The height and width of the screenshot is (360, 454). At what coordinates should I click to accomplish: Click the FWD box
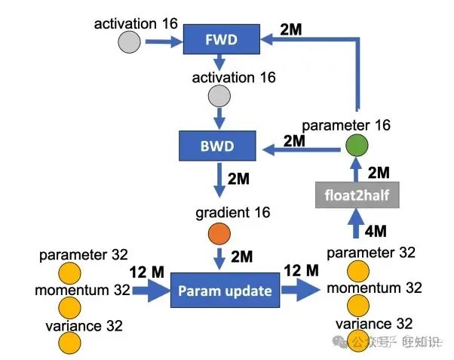coord(221,40)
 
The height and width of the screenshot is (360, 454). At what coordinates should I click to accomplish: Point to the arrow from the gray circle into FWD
coord(161,42)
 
